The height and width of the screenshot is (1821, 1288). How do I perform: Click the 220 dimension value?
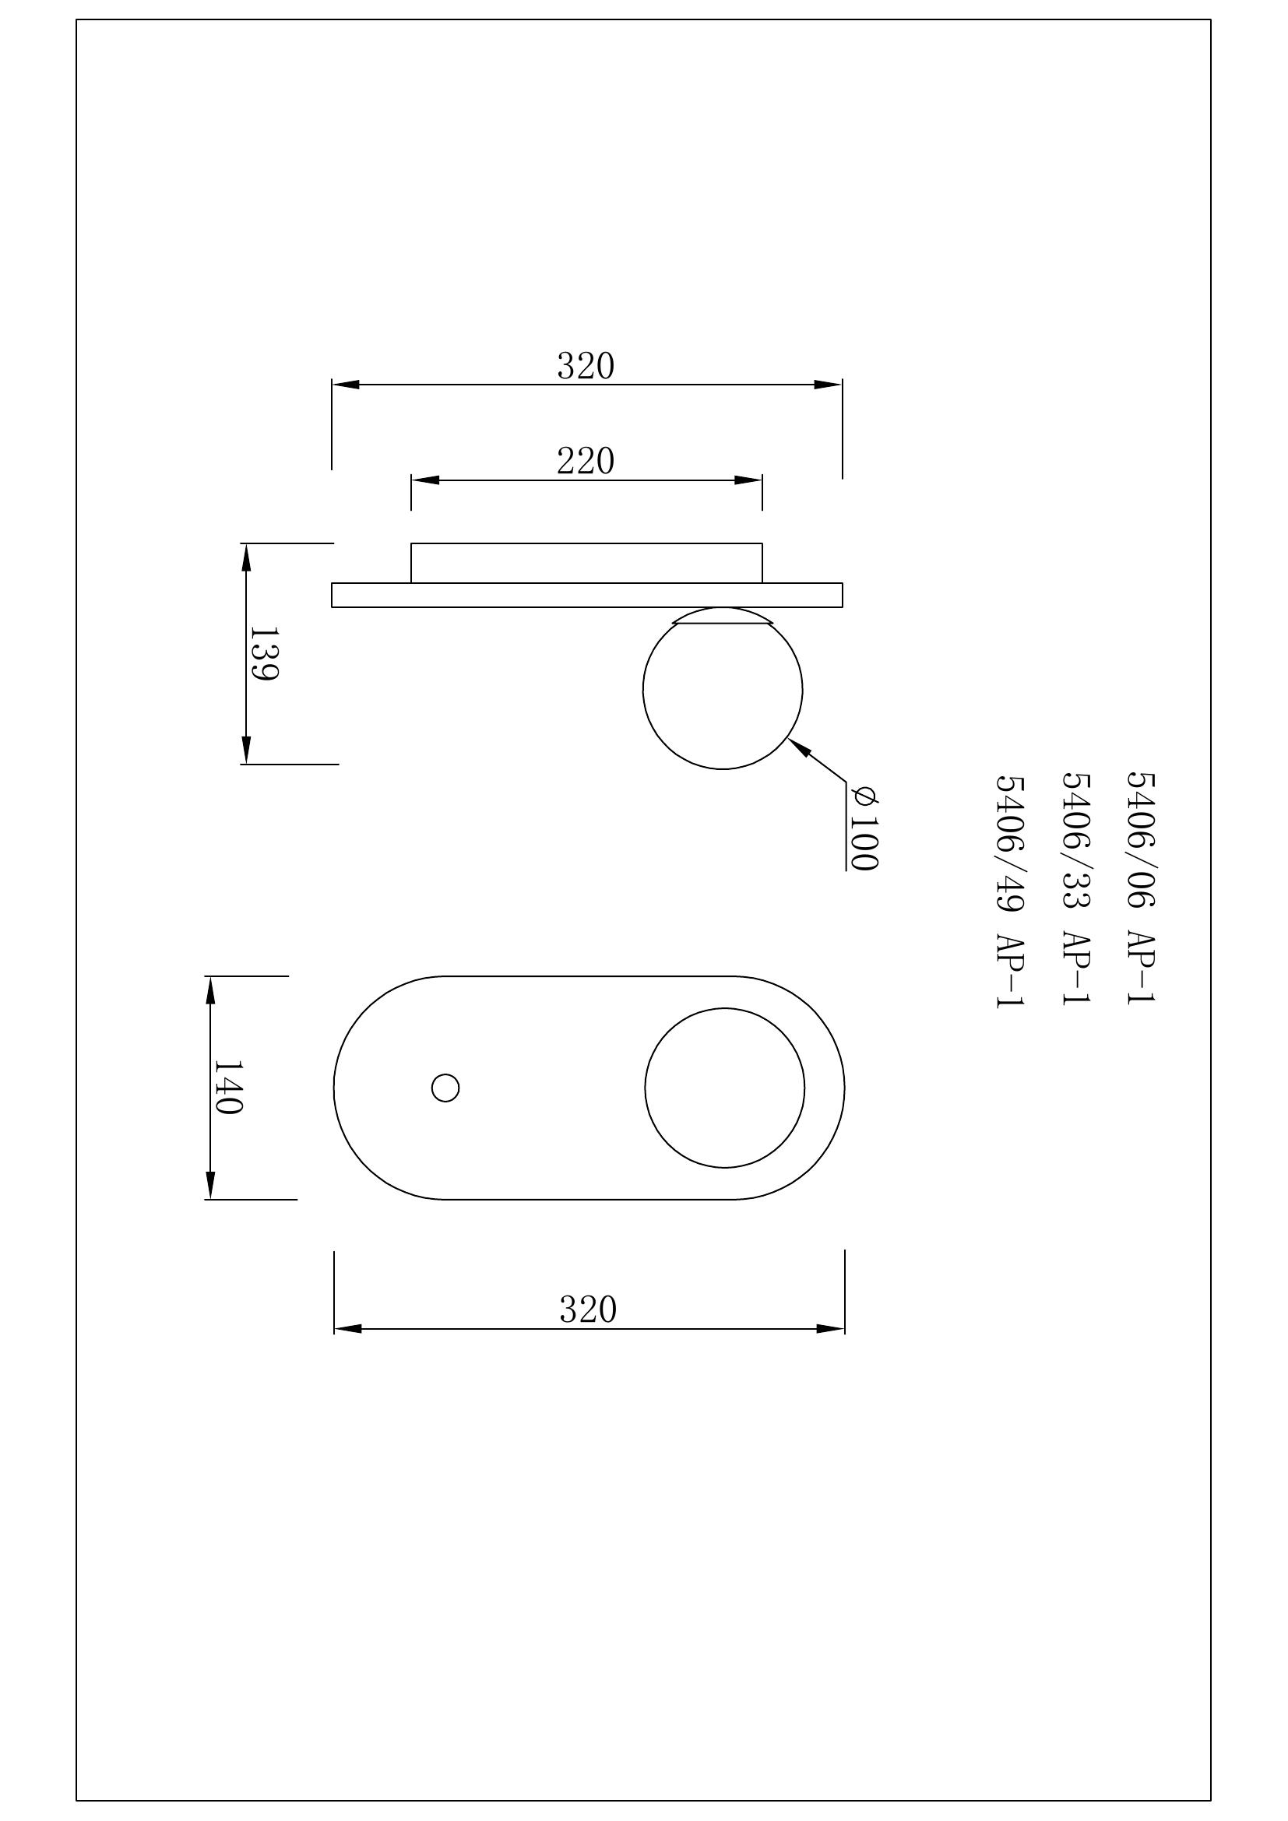[586, 461]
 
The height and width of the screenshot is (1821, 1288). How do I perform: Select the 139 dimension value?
[263, 653]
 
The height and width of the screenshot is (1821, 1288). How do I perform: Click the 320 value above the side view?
[586, 367]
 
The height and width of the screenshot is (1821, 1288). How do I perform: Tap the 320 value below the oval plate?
[588, 1310]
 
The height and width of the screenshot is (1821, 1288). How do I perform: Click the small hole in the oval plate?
[445, 1088]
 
